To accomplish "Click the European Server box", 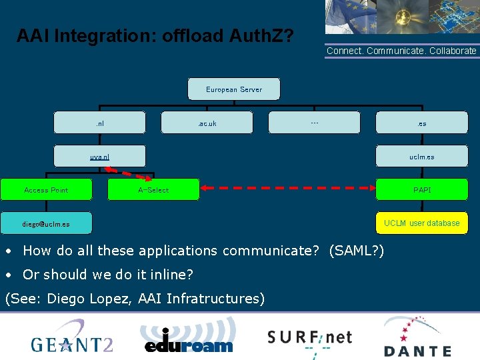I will click(234, 89).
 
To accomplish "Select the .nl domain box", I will click(99, 123).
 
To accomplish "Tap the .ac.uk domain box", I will click(207, 123).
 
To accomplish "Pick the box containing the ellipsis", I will click(314, 123).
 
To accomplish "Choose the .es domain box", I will click(422, 123).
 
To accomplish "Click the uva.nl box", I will click(99, 157).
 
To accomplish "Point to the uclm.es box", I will click(422, 157).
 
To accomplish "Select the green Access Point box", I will click(46, 190).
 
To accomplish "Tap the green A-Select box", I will click(153, 190).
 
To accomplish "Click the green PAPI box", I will click(422, 190).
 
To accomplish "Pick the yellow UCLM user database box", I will click(422, 223).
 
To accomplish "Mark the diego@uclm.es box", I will click(46, 223).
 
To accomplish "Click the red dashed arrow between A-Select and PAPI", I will click(287, 190).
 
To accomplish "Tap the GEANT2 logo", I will click(72, 338).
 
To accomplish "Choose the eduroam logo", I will click(189, 337).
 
